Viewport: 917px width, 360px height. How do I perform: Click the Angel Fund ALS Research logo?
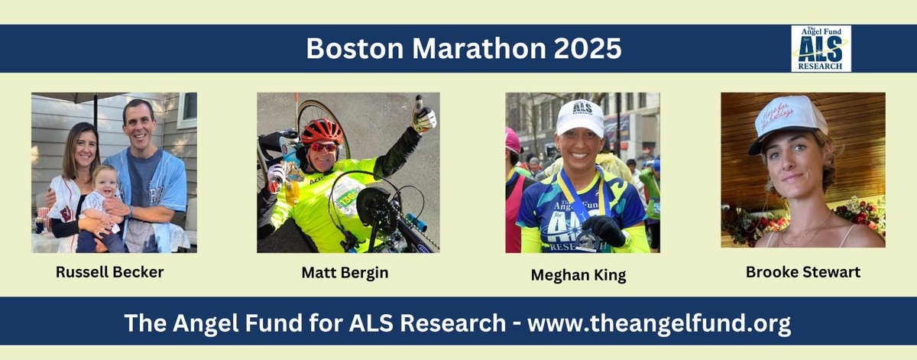821,48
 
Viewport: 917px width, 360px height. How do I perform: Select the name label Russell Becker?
109,271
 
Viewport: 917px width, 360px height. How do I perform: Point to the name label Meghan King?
578,275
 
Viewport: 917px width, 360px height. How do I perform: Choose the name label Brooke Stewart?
803,272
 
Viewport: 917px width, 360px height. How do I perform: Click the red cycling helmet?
321,131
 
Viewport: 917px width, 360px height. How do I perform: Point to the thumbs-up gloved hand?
423,115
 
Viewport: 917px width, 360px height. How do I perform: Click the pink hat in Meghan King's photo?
511,140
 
